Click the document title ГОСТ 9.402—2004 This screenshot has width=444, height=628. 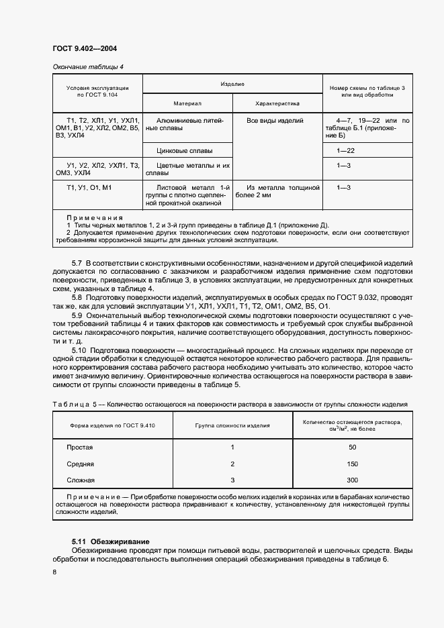[x=79, y=48]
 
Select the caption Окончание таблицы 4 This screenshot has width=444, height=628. [x=88, y=66]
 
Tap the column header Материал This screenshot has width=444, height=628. [x=187, y=104]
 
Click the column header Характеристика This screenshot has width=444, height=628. [x=277, y=104]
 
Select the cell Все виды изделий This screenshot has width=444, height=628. [x=275, y=121]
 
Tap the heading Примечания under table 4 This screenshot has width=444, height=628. [x=95, y=218]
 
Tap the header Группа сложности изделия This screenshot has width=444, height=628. [x=232, y=425]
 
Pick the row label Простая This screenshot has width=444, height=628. [x=79, y=447]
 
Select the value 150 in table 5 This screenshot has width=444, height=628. [x=353, y=464]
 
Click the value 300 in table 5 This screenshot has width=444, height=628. [x=353, y=480]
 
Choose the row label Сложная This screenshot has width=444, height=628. [x=81, y=480]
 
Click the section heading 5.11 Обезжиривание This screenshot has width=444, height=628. [x=110, y=541]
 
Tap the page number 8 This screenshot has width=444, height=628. [x=54, y=571]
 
